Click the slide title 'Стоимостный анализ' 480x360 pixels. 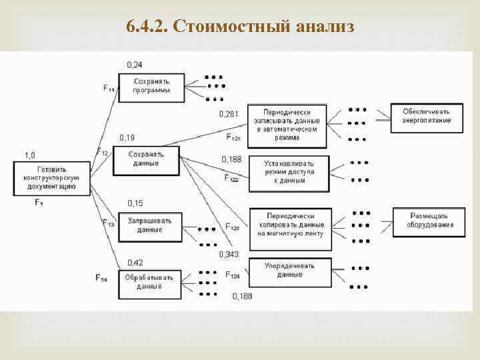point(240,27)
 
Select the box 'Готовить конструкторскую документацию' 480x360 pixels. point(51,178)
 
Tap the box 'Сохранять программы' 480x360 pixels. point(151,86)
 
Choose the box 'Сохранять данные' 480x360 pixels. point(147,159)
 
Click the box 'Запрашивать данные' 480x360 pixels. point(150,225)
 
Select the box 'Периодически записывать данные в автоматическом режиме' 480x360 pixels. point(287,125)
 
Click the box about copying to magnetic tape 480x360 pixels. point(294,225)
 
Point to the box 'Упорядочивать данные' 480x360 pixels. point(289,270)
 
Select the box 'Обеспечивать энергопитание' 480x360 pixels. point(426,116)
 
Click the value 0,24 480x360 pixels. point(134,65)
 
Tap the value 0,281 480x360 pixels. point(229,114)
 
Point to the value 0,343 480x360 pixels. point(229,254)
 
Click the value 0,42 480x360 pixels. point(135,262)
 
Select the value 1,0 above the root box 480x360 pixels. point(30,155)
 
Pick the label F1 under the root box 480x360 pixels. point(39,202)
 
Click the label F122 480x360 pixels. point(231,179)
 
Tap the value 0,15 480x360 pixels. point(135,203)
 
